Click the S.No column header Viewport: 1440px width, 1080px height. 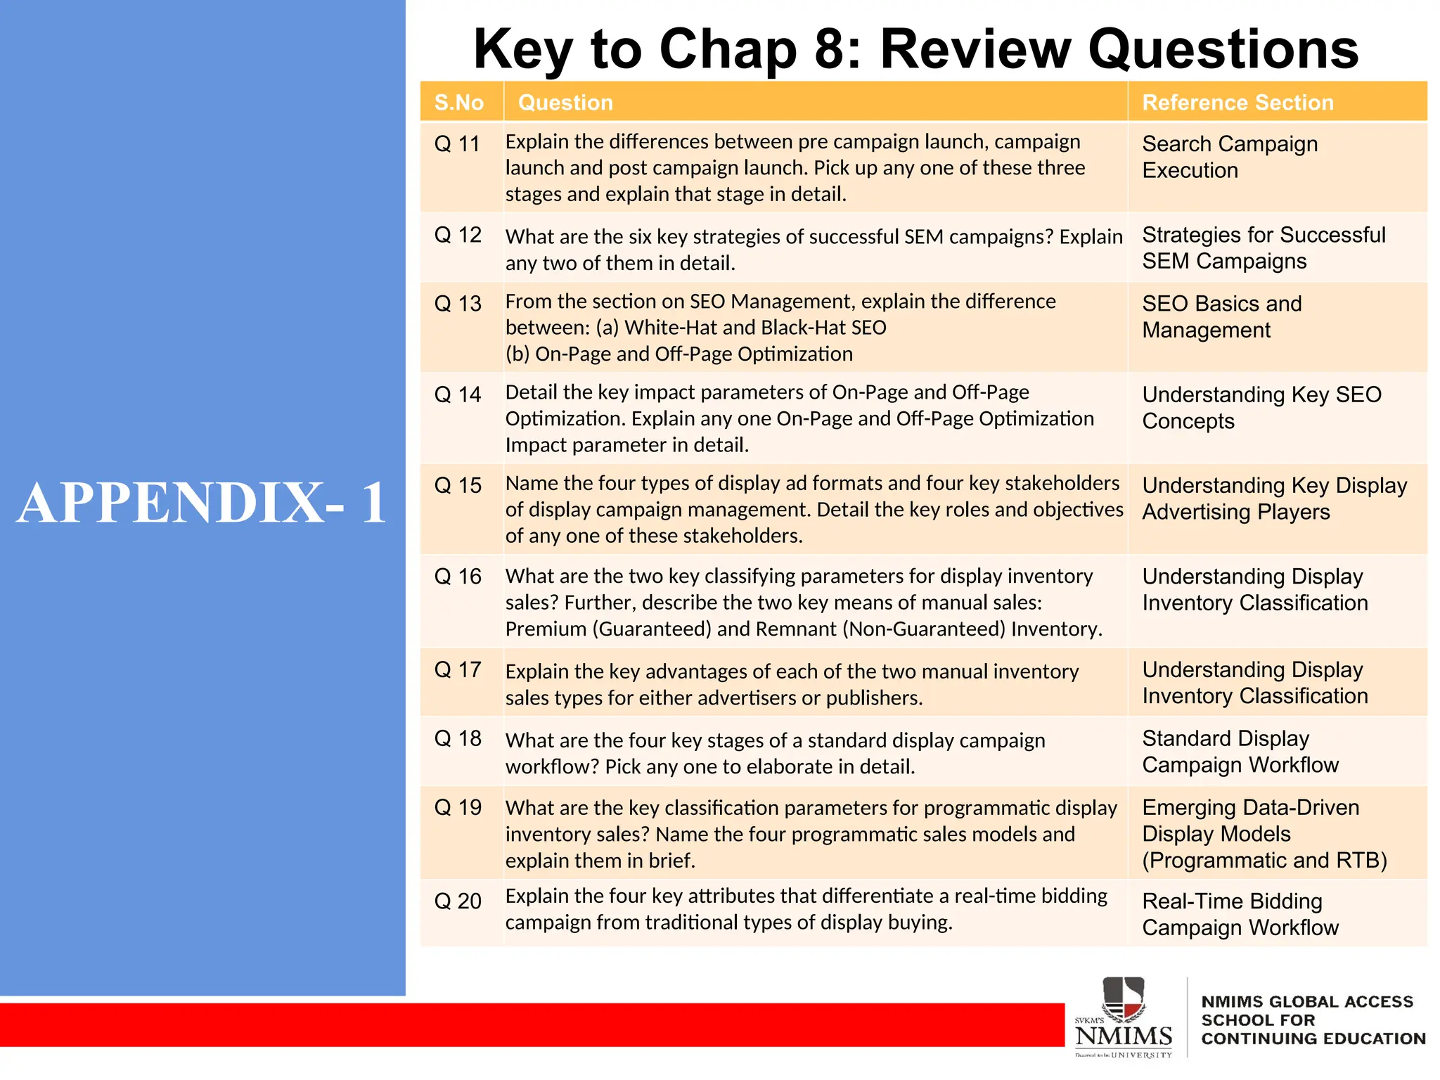[x=458, y=103]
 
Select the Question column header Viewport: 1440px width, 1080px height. [x=565, y=103]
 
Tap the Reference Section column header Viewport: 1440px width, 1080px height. [x=1237, y=103]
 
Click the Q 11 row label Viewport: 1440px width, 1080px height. [x=457, y=144]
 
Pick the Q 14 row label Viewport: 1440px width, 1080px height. [x=457, y=394]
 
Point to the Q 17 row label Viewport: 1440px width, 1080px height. [x=457, y=669]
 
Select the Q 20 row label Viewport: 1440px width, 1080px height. [x=457, y=901]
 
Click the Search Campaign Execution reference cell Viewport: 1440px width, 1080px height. [x=1230, y=157]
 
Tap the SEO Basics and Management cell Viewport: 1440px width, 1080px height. [x=1221, y=316]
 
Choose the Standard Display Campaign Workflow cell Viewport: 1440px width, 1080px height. [x=1240, y=752]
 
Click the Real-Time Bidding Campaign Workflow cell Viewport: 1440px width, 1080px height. [x=1240, y=914]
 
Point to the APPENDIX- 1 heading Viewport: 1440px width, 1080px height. [x=202, y=503]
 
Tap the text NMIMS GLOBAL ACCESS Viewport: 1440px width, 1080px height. [x=1306, y=1001]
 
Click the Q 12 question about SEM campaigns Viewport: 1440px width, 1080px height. [x=814, y=250]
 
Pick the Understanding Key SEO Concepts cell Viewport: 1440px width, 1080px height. [x=1261, y=408]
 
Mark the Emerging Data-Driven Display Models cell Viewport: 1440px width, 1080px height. [x=1264, y=834]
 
